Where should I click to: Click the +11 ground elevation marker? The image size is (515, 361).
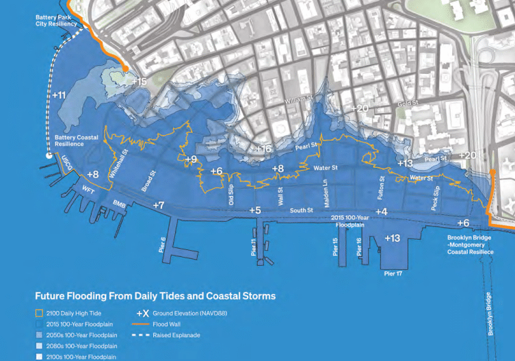(x=59, y=95)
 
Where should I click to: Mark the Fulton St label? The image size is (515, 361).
(x=382, y=186)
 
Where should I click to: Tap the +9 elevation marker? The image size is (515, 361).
(x=191, y=160)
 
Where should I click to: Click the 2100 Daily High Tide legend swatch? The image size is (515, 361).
(x=39, y=312)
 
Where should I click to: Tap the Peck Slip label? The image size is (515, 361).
(x=435, y=198)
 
